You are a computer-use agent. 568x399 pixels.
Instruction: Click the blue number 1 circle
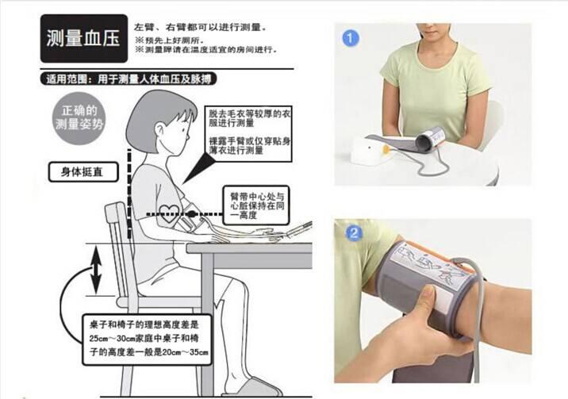pyautogui.click(x=351, y=36)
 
